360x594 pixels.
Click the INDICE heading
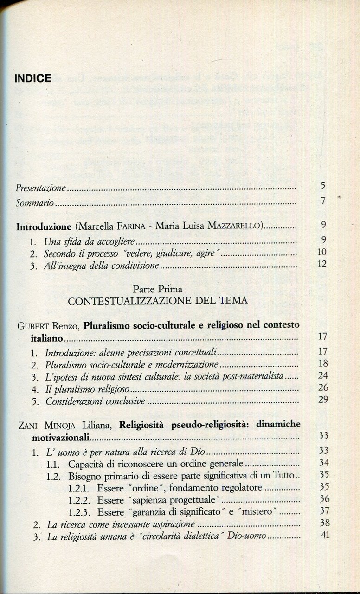33,78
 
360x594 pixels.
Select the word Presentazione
41,188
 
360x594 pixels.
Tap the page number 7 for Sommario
323,201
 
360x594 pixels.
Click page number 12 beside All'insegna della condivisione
322,264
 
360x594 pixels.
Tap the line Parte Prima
157,289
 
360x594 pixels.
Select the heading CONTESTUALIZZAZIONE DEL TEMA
157,301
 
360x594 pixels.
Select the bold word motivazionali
61,437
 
